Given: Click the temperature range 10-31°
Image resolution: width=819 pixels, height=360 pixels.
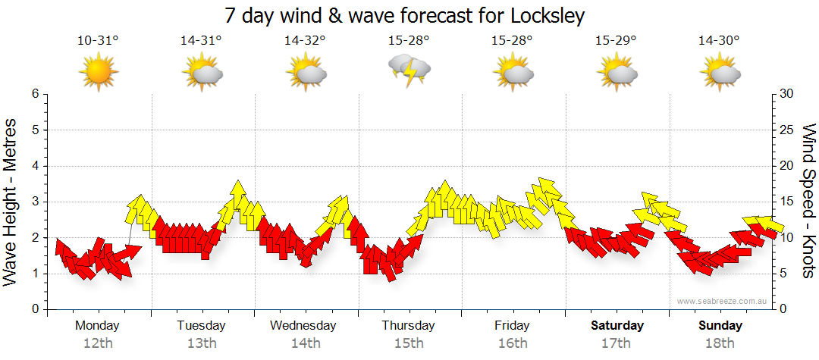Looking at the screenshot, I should click(x=98, y=41).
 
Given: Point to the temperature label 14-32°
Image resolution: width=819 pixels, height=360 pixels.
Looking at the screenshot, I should click(x=305, y=41).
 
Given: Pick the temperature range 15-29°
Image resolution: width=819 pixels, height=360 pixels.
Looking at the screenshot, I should click(x=616, y=41).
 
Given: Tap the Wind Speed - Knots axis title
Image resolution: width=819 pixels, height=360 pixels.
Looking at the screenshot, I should click(x=808, y=201).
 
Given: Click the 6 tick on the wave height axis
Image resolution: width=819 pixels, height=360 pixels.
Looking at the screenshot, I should click(x=34, y=94).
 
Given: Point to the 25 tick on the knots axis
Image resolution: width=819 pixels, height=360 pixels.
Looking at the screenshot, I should click(x=787, y=130).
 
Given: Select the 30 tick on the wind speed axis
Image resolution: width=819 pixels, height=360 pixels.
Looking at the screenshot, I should click(x=787, y=94).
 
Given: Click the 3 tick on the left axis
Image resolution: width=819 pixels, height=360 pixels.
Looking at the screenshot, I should click(x=34, y=202).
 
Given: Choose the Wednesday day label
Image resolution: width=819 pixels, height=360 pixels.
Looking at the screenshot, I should click(x=303, y=326).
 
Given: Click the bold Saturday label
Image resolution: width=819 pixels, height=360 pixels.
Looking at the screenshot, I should click(x=617, y=326).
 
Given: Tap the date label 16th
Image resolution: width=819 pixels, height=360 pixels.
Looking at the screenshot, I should click(x=513, y=343).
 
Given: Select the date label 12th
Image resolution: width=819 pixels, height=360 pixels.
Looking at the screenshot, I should click(x=98, y=343).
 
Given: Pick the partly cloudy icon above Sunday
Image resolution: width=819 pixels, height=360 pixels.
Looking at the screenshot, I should click(x=720, y=73).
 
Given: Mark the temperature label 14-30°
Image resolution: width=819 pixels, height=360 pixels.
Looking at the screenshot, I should click(x=719, y=41).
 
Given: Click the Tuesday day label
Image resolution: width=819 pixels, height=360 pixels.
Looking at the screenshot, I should click(x=201, y=326).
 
